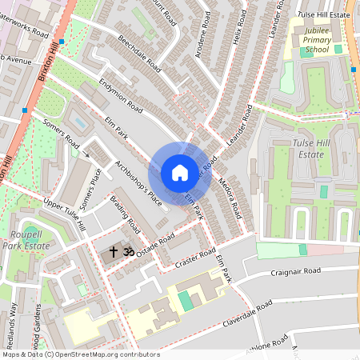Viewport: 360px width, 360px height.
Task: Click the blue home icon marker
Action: [x=180, y=172]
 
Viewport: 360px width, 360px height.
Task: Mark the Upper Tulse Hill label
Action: [x=65, y=215]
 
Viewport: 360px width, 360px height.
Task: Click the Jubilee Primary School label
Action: [x=305, y=40]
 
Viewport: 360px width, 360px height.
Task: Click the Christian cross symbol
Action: [x=114, y=251]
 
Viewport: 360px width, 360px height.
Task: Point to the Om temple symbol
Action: [x=127, y=251]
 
